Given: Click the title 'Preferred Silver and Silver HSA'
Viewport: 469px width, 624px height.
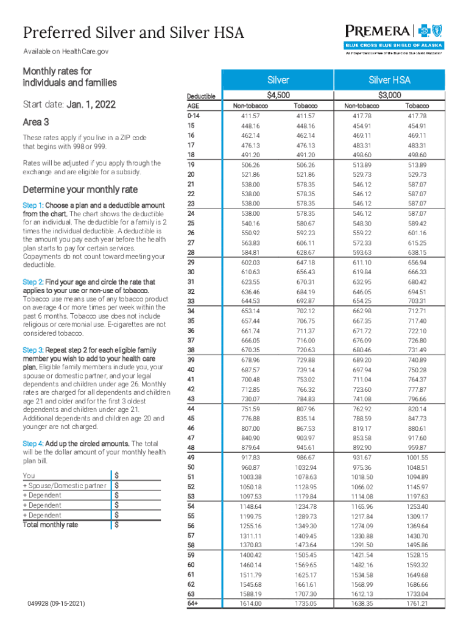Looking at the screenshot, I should pos(133,32).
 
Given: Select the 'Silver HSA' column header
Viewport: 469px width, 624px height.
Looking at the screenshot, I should pos(390,80).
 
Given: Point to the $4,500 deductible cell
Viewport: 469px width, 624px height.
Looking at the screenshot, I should pos(278,95).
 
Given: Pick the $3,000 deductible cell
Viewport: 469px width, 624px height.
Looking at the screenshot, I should pos(390,95).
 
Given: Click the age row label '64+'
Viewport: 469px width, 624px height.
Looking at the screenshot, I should pos(193,603).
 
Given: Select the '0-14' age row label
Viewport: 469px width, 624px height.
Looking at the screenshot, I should pos(193,115).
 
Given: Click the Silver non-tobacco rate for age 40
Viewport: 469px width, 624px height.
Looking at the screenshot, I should pos(250,370).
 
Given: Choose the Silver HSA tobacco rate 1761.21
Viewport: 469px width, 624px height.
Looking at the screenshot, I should pos(417,603).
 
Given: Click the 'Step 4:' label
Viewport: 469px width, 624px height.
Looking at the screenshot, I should pos(33,443).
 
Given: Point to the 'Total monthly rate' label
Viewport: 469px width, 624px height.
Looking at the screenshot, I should pos(51,524).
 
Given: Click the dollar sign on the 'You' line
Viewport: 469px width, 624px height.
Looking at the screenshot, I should pos(116,475).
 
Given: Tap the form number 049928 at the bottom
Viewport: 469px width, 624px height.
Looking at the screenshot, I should pos(57,603).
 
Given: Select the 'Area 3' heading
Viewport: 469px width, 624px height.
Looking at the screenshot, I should pos(35,122).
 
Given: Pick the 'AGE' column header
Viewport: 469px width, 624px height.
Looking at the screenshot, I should pos(193,105).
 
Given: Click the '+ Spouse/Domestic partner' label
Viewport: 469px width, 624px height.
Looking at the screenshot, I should pos(65,485).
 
